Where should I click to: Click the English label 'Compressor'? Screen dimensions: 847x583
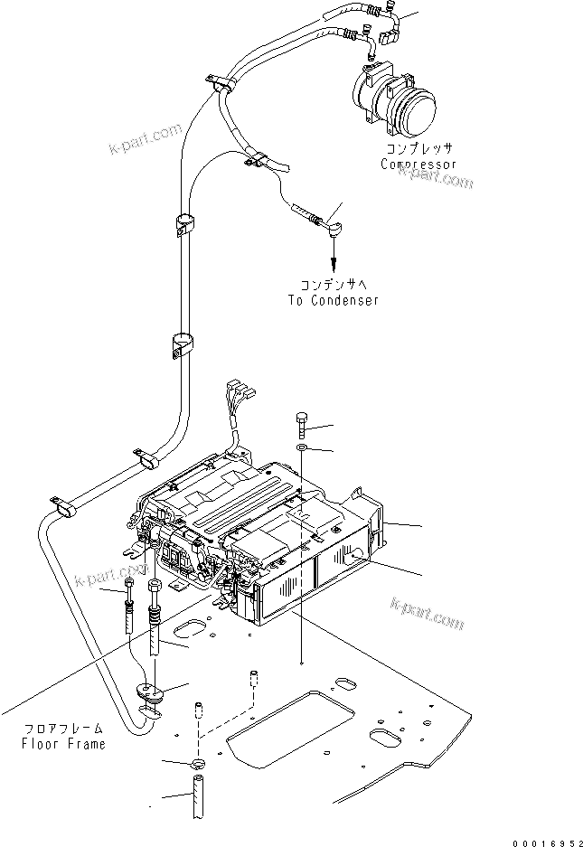coord(418,165)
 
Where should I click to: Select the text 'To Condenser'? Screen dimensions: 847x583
coord(334,300)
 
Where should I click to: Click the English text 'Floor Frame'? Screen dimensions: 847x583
coord(64,744)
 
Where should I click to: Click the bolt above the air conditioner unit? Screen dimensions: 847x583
coord(301,423)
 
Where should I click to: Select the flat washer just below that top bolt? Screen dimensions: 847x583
coord(301,448)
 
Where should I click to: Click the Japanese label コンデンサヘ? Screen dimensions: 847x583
coord(334,285)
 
